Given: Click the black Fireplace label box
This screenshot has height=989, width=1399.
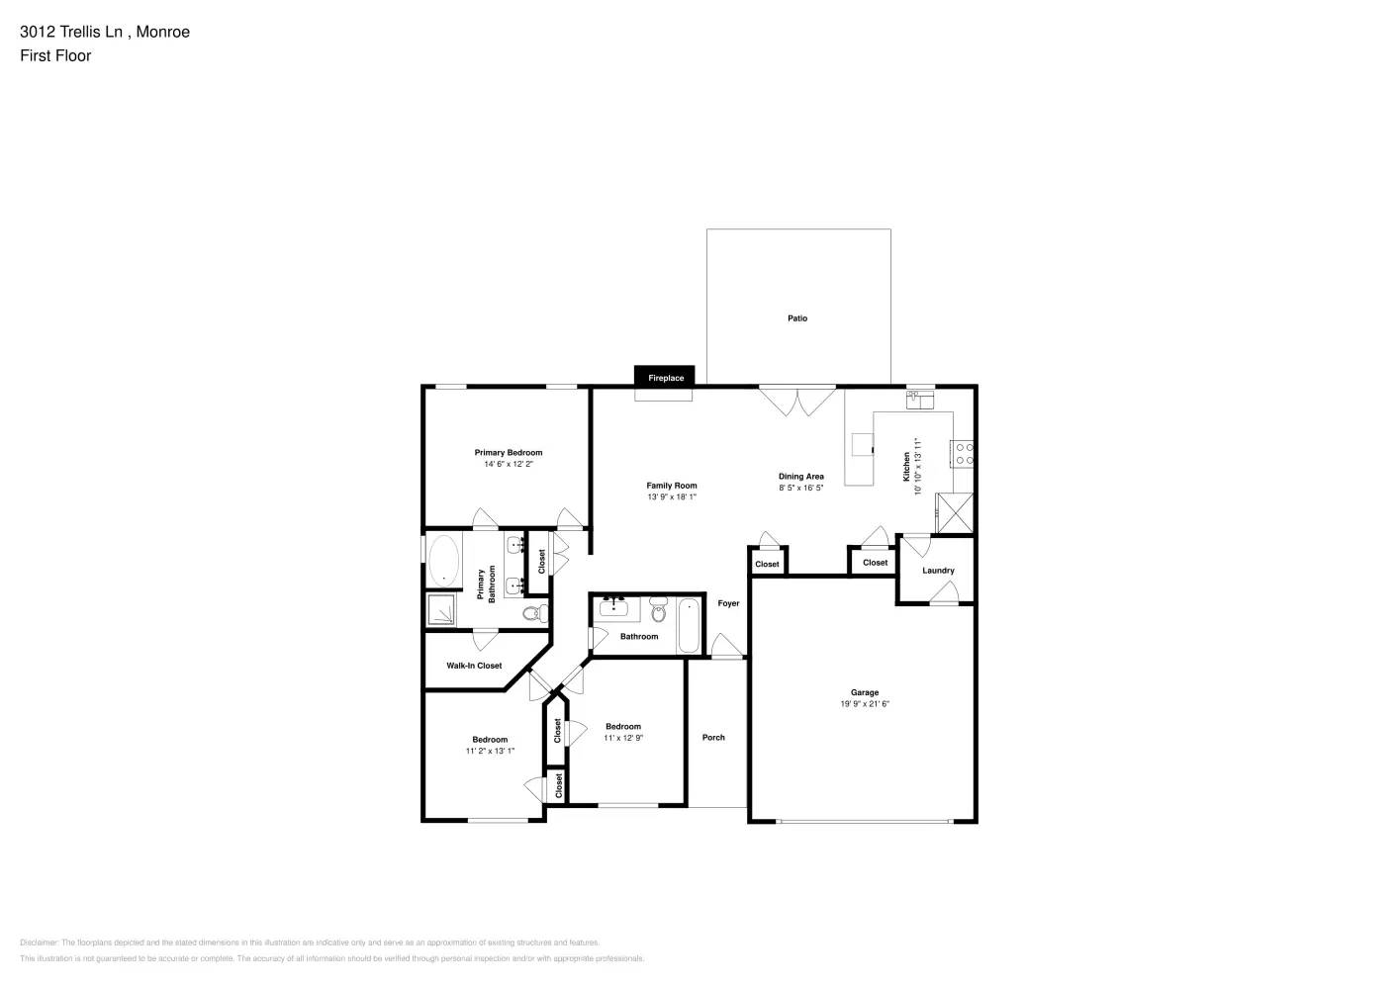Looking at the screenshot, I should coord(666,377).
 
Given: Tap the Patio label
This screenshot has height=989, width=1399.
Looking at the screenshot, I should coord(797,318).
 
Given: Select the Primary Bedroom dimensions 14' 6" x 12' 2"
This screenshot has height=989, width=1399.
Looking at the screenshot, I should coord(509,464).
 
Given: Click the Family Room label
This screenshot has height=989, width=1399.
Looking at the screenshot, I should coord(672,486).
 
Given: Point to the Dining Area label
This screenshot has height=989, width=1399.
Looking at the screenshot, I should coord(800,477).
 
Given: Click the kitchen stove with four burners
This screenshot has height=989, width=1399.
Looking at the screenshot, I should coord(963,454).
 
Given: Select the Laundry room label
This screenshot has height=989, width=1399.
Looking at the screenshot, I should coord(938,571).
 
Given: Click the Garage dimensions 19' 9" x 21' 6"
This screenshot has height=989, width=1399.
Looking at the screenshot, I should coord(865,704).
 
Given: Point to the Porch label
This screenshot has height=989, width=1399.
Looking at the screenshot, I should coord(713,737).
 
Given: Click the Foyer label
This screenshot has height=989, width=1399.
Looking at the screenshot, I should coord(728,603).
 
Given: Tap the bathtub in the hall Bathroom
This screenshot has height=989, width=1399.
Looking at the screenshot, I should coord(689,625).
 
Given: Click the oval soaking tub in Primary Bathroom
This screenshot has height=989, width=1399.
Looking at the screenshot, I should coord(443,561).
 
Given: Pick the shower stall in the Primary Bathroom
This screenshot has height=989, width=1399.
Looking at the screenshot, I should coord(441,610).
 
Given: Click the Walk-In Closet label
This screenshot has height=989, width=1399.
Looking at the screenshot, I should coord(474,666).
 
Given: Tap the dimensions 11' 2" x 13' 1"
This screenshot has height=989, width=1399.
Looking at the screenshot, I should coord(490,751).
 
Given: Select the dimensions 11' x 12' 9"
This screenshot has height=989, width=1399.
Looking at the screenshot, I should coord(623,738).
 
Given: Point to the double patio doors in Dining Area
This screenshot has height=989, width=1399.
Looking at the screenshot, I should coord(798,401).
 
